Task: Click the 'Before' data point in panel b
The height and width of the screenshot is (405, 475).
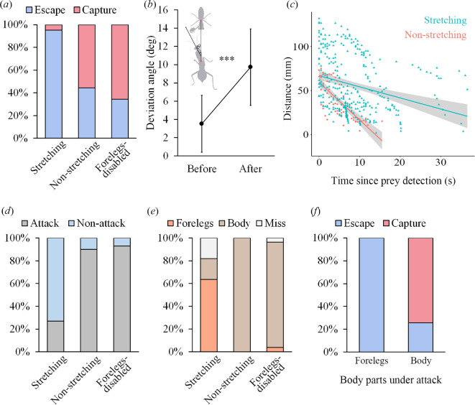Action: (x=202, y=124)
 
